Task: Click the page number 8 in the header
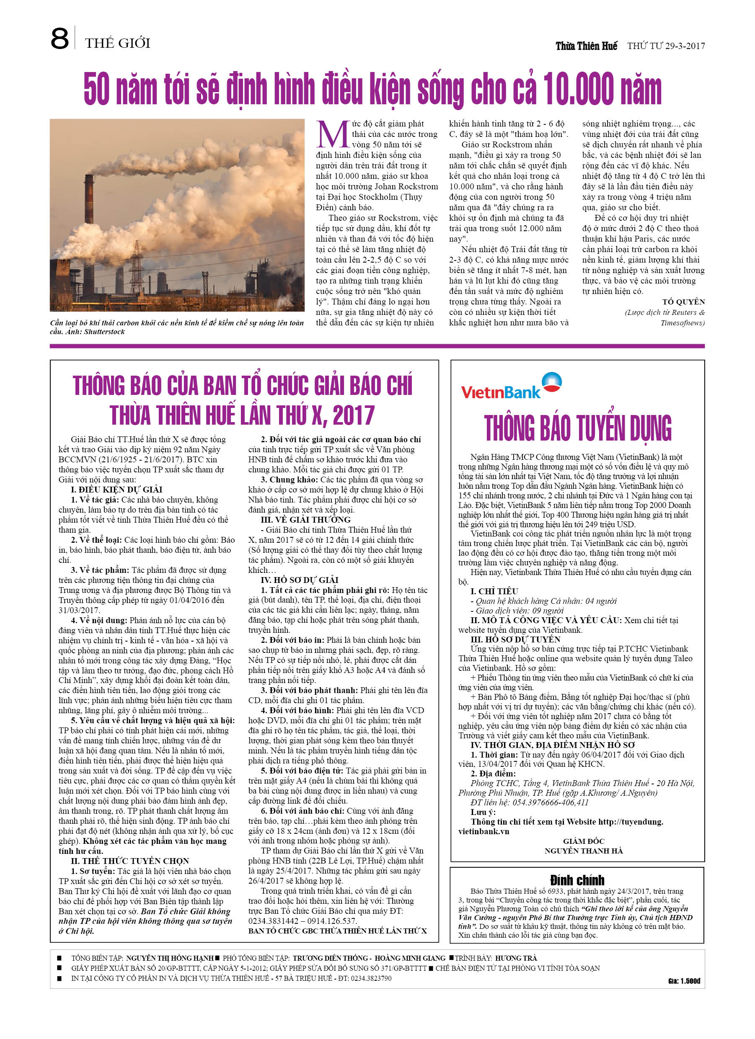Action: click(59, 39)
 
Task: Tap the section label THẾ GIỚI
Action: click(117, 43)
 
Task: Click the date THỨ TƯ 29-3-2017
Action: click(666, 46)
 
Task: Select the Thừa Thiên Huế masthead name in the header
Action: click(586, 46)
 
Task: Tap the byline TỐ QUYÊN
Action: click(683, 302)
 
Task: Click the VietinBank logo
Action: click(511, 386)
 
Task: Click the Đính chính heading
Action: click(577, 880)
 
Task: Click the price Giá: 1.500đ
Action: click(683, 981)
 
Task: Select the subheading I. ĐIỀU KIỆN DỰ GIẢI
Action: click(116, 489)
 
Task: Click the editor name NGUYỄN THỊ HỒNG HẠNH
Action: click(170, 958)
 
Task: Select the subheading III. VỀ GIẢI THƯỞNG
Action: click(305, 519)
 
